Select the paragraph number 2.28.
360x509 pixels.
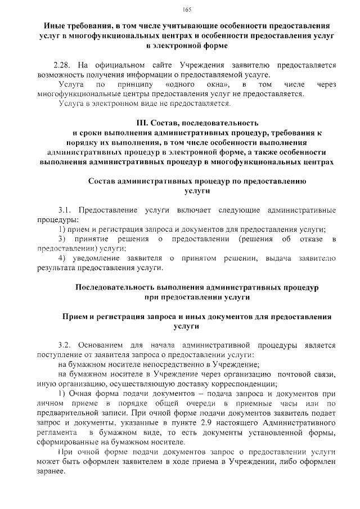(x=61, y=65)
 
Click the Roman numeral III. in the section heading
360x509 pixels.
(x=142, y=122)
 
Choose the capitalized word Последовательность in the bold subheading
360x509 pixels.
(x=115, y=287)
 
